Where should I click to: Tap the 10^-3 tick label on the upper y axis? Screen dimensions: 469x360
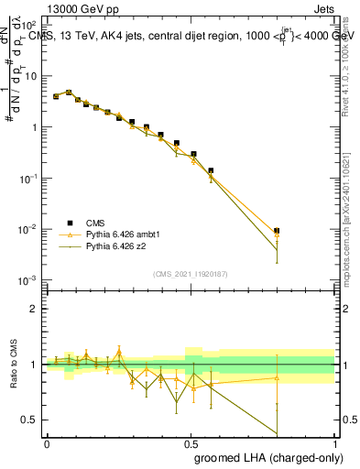pos(29,279)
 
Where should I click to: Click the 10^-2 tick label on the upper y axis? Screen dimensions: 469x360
pos(29,229)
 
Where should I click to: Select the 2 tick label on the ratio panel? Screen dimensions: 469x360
pos(35,309)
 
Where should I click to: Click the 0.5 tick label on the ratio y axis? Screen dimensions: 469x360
pos(31,420)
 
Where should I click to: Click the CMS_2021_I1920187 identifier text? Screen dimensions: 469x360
pos(190,273)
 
